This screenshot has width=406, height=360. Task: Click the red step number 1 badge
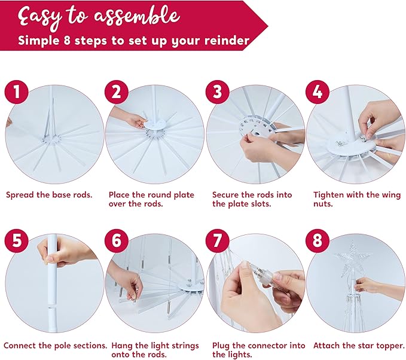tap(17, 92)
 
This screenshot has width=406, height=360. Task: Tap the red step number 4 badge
tap(318, 92)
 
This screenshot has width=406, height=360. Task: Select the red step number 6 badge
tap(117, 240)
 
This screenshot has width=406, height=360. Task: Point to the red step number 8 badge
tap(318, 240)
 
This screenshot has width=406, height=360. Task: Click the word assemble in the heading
tap(137, 16)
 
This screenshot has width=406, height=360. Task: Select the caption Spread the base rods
tap(49, 195)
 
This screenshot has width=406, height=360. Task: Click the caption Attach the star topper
tap(359, 346)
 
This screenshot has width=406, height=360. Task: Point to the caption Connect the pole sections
tap(56, 346)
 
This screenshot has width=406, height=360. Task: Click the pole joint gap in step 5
tap(52, 306)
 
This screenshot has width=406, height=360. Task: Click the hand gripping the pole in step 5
tap(65, 252)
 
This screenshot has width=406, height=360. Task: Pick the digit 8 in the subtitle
tap(67, 41)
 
